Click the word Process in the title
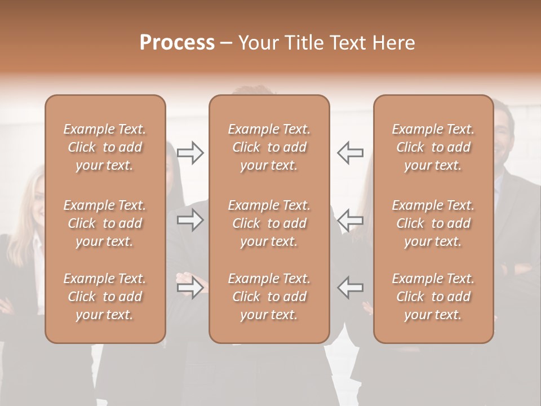coord(177,43)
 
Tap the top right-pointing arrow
coord(190,153)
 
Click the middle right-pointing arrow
coord(190,220)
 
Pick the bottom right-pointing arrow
coord(190,288)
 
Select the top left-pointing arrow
coord(350,153)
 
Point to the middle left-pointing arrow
coord(350,220)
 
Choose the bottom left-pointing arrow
coord(350,288)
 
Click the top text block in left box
coord(105,147)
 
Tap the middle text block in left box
coord(105,223)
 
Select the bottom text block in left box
coord(105,297)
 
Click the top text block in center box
coord(269,147)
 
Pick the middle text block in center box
coord(269,223)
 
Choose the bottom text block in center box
coord(269,297)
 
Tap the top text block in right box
coord(433,147)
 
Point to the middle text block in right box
coord(433,223)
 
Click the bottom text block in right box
coord(433,297)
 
